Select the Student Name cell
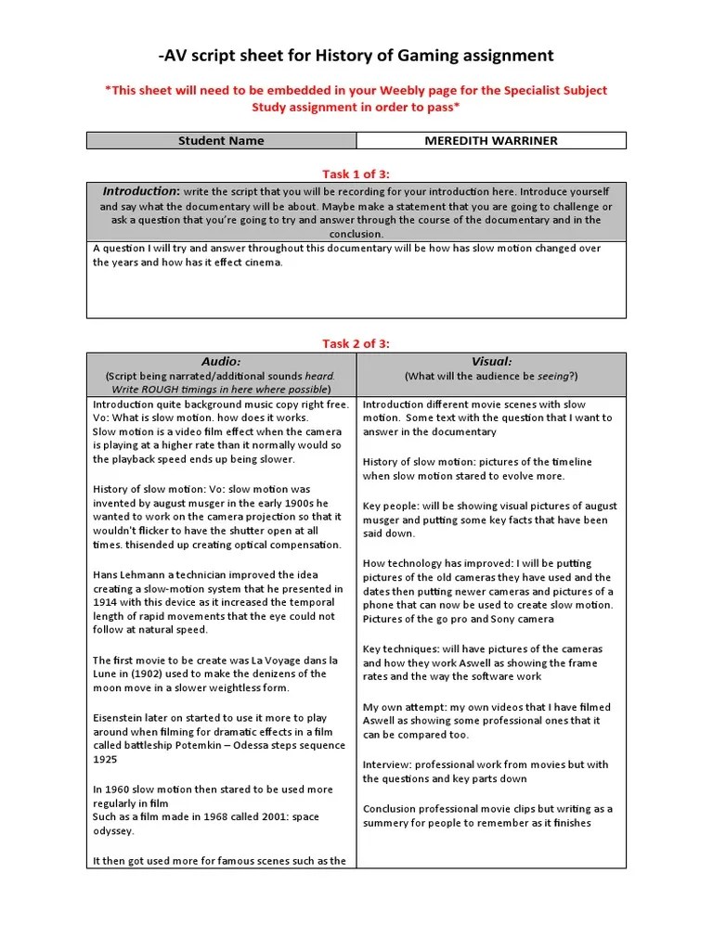pyautogui.click(x=221, y=141)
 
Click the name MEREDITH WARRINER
pyautogui.click(x=491, y=141)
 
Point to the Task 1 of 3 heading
pyautogui.click(x=356, y=172)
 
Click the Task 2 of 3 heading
pyautogui.click(x=356, y=343)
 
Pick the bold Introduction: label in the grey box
pyautogui.click(x=141, y=191)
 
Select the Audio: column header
pyautogui.click(x=221, y=361)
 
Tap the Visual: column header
pyautogui.click(x=491, y=361)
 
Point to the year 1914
pyautogui.click(x=107, y=602)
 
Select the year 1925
pyautogui.click(x=106, y=760)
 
